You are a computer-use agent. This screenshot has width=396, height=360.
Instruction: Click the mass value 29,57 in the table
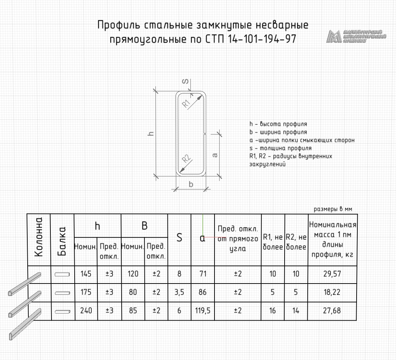332,274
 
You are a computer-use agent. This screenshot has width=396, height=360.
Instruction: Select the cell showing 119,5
203,311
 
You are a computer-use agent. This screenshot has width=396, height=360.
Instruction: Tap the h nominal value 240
86,311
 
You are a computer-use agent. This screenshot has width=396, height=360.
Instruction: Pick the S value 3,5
179,292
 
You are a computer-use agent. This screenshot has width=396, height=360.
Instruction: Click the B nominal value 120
133,274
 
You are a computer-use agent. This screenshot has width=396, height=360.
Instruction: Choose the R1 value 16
273,311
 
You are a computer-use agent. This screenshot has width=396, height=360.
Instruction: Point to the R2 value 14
296,311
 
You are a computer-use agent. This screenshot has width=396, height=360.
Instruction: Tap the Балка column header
62,240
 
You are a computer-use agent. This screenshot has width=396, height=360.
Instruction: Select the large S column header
179,238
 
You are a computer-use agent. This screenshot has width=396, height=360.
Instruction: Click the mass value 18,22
332,292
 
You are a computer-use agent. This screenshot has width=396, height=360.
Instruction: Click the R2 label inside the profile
186,159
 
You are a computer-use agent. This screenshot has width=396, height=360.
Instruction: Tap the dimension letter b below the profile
191,184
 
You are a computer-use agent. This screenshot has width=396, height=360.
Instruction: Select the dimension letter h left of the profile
150,133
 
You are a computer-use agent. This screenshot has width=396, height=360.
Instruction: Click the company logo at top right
356,36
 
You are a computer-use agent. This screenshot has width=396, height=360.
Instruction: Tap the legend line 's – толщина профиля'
280,148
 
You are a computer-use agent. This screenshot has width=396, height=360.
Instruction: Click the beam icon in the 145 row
62,274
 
